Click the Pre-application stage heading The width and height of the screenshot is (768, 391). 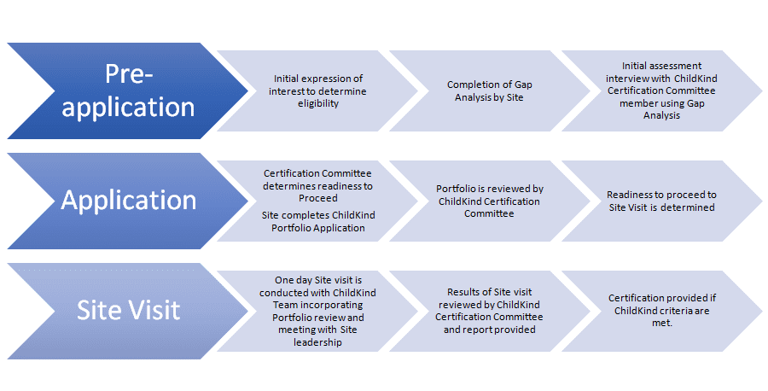point(128,90)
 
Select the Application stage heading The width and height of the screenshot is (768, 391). point(128,200)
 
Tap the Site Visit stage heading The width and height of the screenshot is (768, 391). point(128,309)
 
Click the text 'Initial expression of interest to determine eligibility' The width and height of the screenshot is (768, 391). point(306,90)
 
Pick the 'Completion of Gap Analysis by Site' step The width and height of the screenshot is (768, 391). point(485,90)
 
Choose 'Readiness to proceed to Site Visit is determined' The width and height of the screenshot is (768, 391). point(661,201)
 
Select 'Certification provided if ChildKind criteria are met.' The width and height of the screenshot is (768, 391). point(661,310)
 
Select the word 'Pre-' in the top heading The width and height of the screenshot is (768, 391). point(129,74)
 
